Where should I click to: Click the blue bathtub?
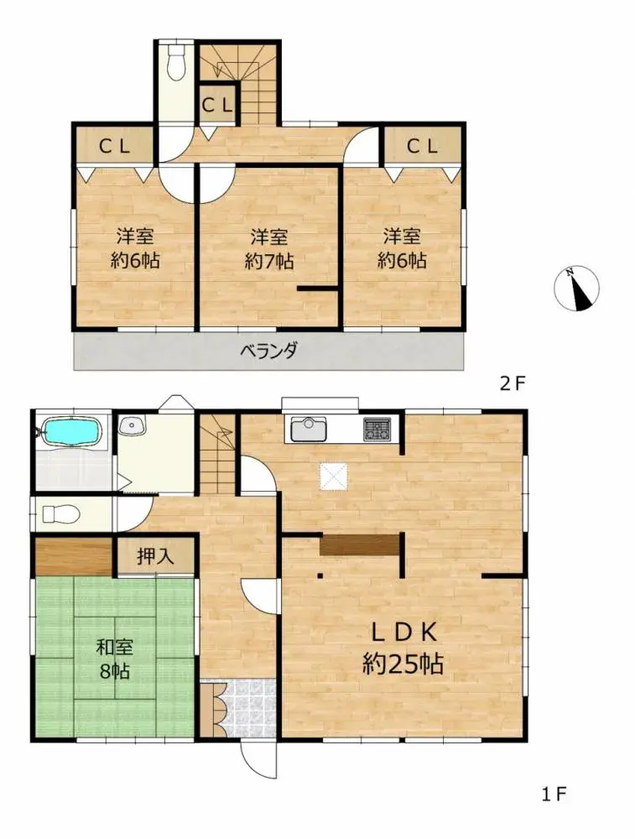(x=71, y=433)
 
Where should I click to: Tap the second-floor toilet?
(x=176, y=64)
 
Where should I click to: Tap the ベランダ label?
(x=269, y=351)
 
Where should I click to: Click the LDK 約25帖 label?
(x=403, y=649)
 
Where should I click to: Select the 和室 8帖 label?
(x=116, y=659)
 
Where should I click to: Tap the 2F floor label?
(x=512, y=384)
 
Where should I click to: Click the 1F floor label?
(x=554, y=793)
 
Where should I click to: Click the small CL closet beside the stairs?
(x=216, y=105)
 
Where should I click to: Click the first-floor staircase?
(x=216, y=457)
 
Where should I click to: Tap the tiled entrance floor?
(x=247, y=709)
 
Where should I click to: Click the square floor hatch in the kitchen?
(x=333, y=476)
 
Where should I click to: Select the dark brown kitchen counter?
(x=358, y=544)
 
